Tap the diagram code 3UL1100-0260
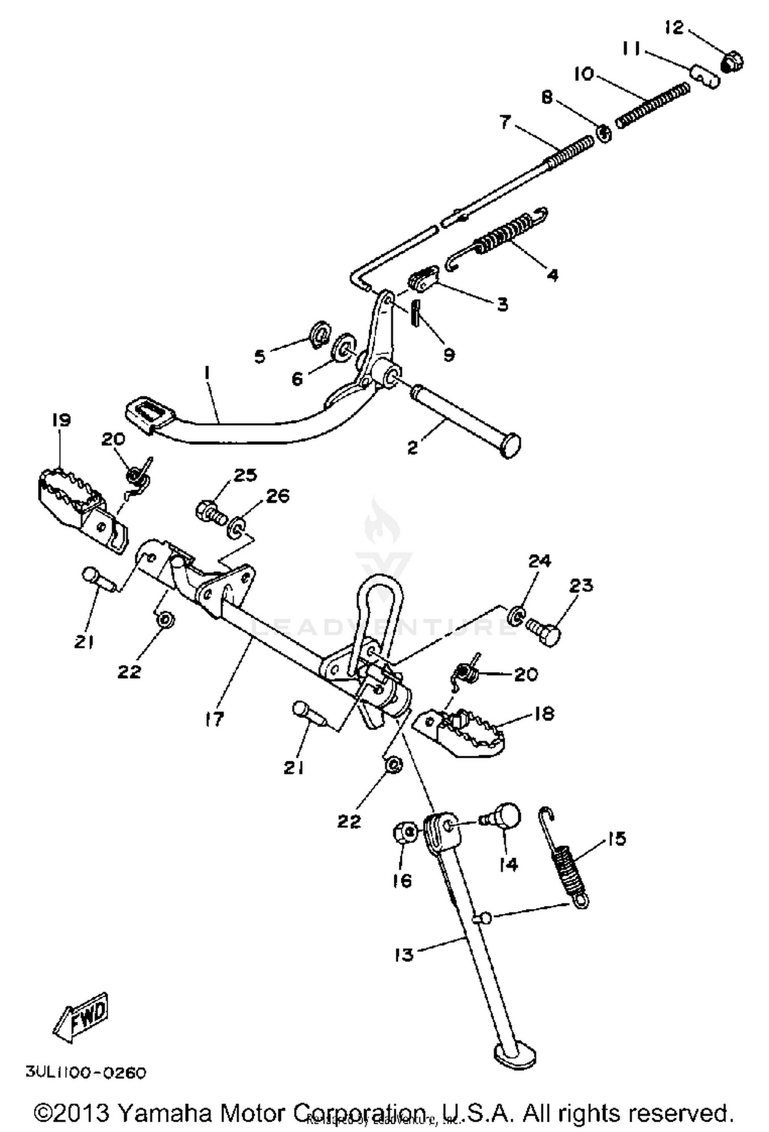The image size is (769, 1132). click(86, 1073)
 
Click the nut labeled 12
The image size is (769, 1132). click(733, 62)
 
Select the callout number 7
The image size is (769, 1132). click(505, 123)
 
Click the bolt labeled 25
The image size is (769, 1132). click(210, 512)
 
